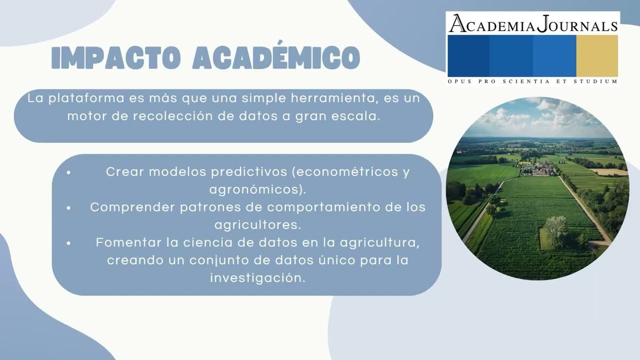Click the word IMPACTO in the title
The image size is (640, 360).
click(116, 58)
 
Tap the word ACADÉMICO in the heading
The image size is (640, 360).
click(276, 55)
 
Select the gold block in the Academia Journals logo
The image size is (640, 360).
click(597, 56)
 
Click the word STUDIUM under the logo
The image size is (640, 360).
click(596, 82)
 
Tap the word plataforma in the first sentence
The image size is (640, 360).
click(86, 99)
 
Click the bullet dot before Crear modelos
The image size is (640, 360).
click(68, 172)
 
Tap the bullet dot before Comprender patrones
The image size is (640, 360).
click(68, 208)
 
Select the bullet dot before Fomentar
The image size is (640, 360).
click(68, 243)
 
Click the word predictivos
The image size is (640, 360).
click(249, 172)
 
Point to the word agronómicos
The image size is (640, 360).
click(258, 190)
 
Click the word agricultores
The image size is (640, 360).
click(258, 225)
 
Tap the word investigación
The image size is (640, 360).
click(258, 278)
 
